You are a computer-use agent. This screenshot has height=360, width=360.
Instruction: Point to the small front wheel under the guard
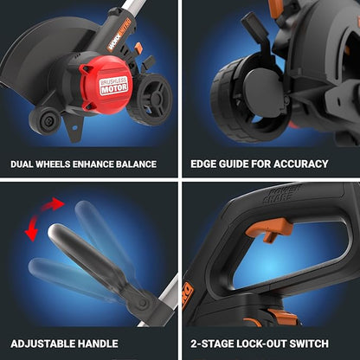pos(45,118)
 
